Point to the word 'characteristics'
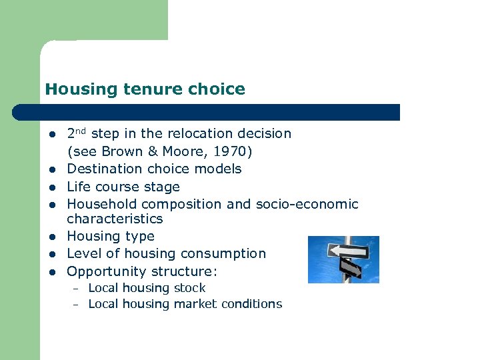click(115, 219)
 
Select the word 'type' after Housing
click(140, 237)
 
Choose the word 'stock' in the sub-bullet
click(189, 288)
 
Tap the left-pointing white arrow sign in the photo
click(348, 251)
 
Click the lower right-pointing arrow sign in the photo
click(350, 268)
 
